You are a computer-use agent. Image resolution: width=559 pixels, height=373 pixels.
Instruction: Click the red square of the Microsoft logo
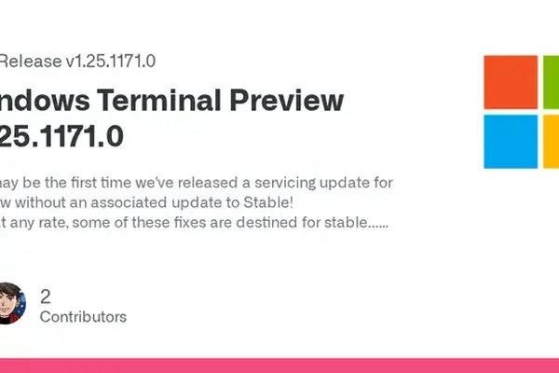pos(511,82)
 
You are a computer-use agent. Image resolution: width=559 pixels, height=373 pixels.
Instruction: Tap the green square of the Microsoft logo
pos(551,82)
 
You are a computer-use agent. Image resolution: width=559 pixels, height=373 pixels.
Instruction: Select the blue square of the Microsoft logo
pos(511,141)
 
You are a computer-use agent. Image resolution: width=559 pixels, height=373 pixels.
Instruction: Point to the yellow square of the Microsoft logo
pos(551,141)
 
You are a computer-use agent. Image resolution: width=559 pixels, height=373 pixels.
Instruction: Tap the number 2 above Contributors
pos(46,297)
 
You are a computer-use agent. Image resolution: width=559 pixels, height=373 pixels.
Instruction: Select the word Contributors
pos(83,317)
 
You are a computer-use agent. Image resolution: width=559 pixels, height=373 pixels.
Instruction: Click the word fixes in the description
pos(165,224)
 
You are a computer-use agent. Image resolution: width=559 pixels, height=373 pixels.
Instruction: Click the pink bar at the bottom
pos(279,366)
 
